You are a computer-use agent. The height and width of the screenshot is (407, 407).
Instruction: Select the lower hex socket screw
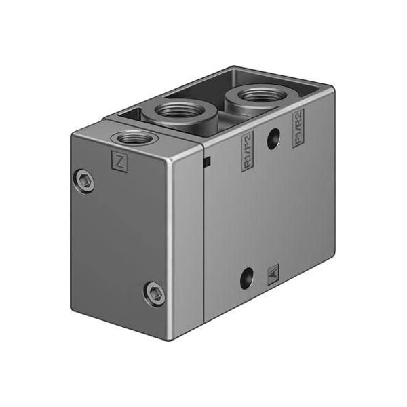coord(153,292)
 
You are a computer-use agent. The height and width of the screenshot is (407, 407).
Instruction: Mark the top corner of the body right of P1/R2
coord(330,90)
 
